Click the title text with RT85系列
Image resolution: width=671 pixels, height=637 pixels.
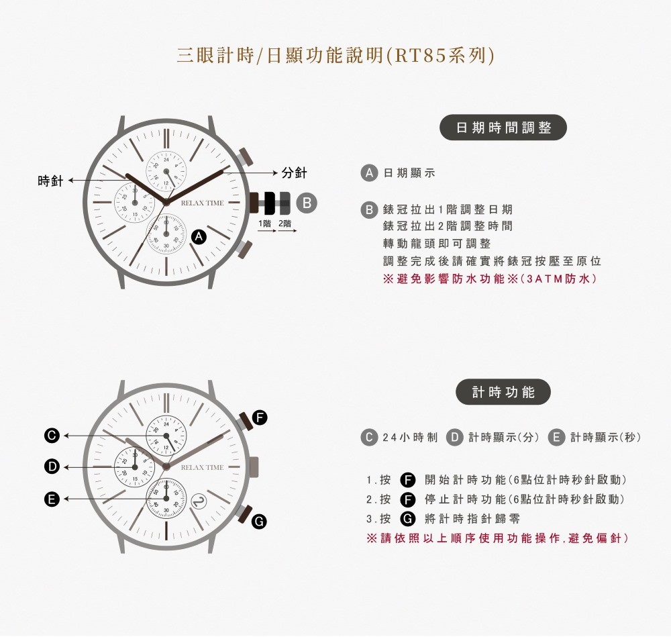[x=335, y=55]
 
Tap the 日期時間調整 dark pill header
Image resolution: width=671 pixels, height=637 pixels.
[x=503, y=127]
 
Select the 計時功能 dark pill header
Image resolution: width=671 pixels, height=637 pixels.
[x=503, y=392]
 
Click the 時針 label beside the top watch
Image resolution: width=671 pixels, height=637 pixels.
[x=50, y=181]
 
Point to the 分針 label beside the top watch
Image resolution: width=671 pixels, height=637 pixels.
[x=295, y=173]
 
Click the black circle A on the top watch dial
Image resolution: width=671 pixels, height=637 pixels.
[x=199, y=237]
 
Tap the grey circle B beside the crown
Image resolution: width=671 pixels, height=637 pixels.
[x=307, y=203]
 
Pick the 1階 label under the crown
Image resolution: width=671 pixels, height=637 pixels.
[x=265, y=224]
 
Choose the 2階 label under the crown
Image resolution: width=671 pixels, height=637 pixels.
[x=285, y=224]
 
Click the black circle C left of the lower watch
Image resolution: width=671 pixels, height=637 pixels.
[x=52, y=436]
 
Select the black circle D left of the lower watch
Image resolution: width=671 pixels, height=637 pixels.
[x=52, y=467]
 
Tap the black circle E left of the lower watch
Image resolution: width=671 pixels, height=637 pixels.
[x=52, y=499]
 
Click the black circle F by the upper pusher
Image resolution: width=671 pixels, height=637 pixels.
[x=259, y=417]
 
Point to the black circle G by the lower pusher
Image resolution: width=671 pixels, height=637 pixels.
[x=258, y=522]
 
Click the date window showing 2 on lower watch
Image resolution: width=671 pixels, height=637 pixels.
[x=198, y=501]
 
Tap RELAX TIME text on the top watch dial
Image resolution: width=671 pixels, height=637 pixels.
[x=202, y=203]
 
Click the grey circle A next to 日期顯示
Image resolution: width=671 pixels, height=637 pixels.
[x=369, y=173]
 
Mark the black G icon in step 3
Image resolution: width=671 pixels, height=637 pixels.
[x=408, y=519]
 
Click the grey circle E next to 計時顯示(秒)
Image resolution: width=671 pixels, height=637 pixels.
[x=556, y=437]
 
